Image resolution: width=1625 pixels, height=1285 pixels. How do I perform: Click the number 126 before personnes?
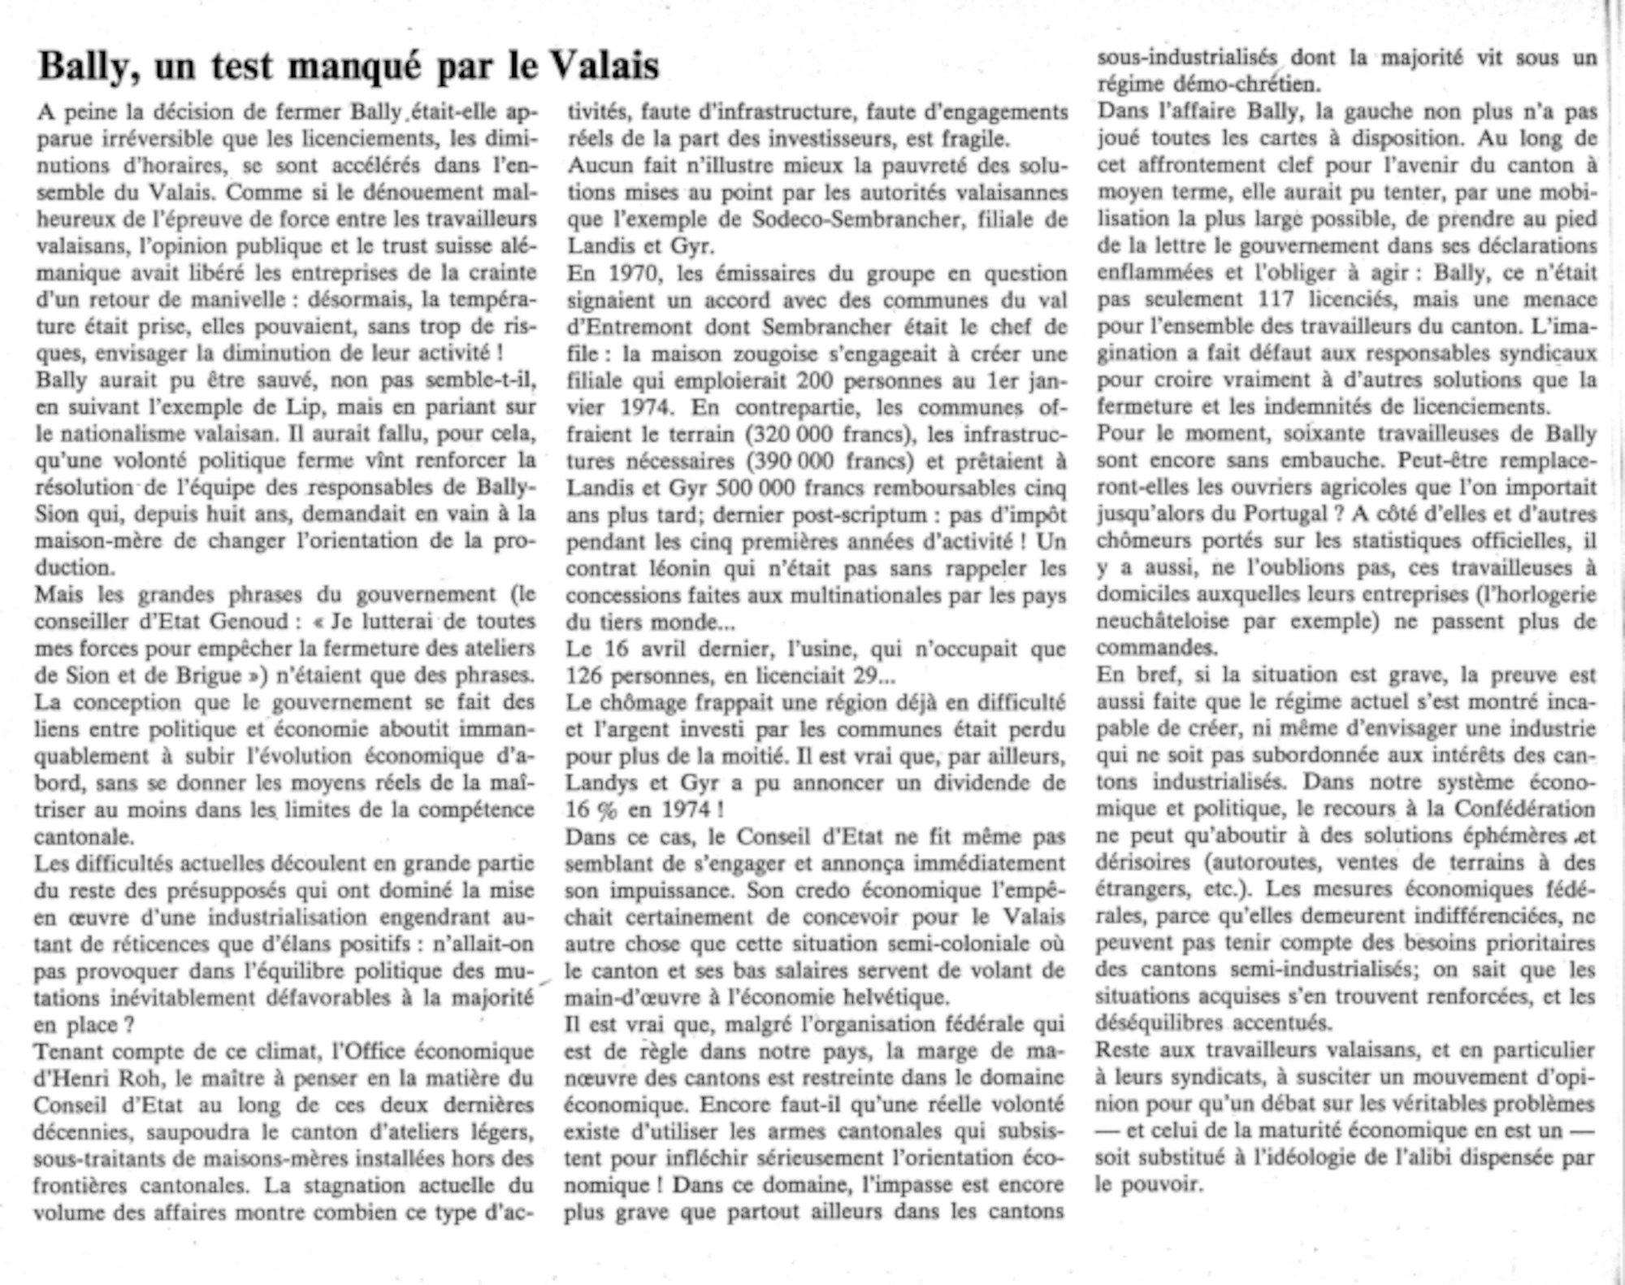click(583, 675)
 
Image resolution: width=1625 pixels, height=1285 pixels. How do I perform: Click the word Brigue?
click(203, 675)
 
